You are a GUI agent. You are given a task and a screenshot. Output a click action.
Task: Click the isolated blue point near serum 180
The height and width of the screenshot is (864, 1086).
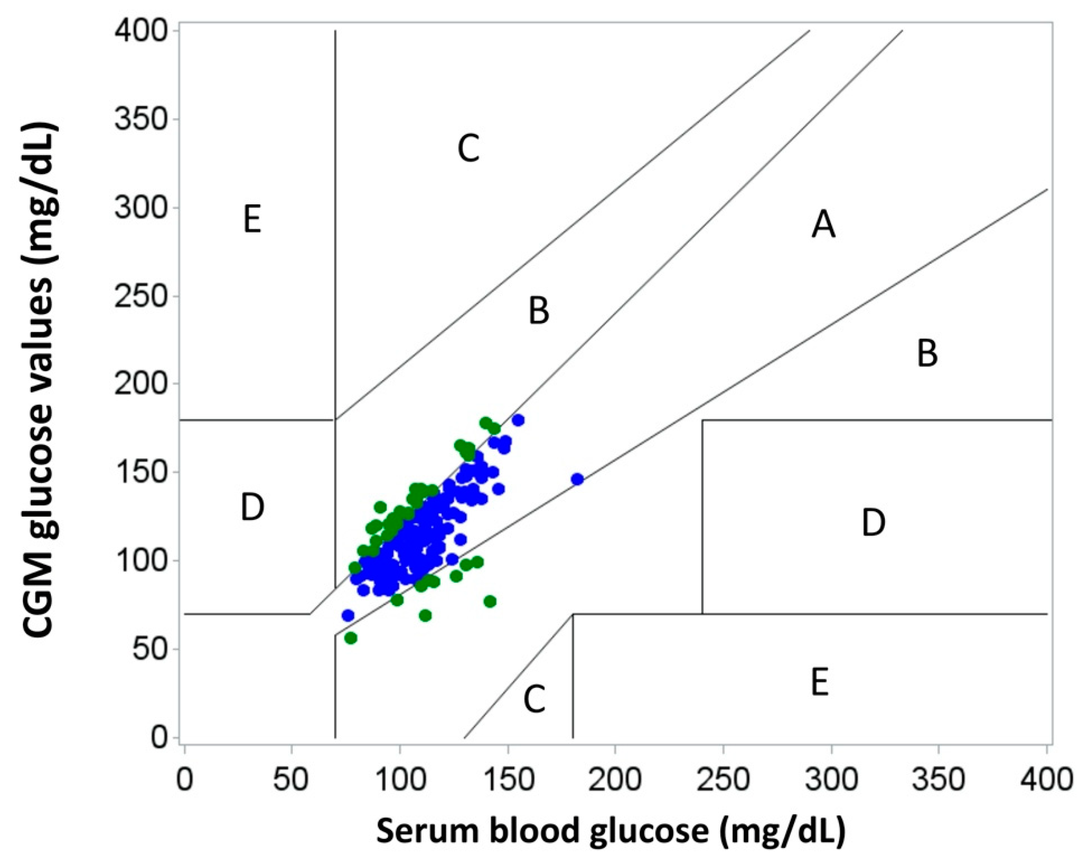coord(577,479)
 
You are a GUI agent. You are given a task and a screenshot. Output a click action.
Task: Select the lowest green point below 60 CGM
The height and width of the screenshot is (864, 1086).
coord(351,638)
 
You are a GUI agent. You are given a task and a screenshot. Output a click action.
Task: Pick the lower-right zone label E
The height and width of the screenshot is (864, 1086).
coord(820,683)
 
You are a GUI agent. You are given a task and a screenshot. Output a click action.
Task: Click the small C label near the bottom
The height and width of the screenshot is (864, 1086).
coord(534,700)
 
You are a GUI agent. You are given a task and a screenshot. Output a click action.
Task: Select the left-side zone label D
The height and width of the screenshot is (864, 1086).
coord(252,507)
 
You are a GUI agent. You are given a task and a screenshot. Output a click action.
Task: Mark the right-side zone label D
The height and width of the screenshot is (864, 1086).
coord(873,523)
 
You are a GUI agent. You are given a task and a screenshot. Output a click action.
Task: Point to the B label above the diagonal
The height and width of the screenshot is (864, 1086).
coord(538,310)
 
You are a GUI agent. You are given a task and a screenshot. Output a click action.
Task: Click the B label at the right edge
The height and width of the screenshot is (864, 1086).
coord(927,354)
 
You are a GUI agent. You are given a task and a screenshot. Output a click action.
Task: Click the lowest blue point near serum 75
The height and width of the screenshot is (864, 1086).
coord(348,615)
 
